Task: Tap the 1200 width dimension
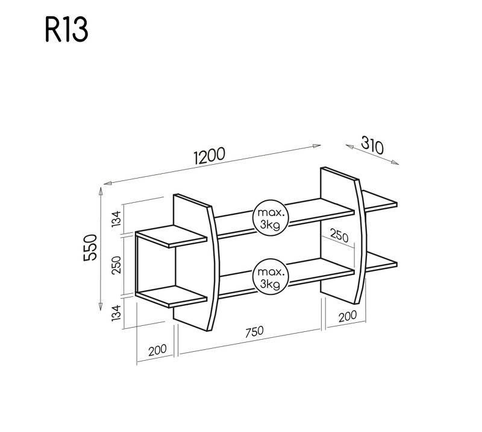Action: point(209,156)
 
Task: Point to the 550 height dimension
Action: point(91,247)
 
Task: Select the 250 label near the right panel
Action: point(339,237)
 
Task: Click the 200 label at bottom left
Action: point(156,350)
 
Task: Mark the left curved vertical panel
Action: point(196,265)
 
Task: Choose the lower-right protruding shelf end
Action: point(381,261)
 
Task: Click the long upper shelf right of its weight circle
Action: point(319,211)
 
